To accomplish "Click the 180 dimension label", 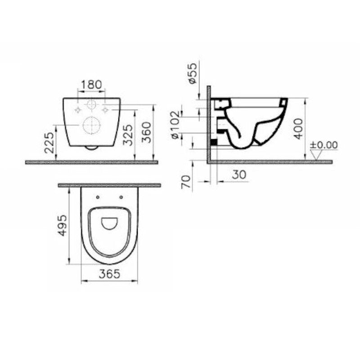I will [91, 85].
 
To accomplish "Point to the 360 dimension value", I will [146, 132].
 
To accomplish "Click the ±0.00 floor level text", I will [324, 145].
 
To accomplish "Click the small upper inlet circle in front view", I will [91, 105].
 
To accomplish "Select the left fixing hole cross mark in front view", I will [78, 109].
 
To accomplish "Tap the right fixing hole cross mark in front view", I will [105, 109].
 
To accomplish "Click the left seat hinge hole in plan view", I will [98, 196].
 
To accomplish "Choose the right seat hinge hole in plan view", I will [121, 196].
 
